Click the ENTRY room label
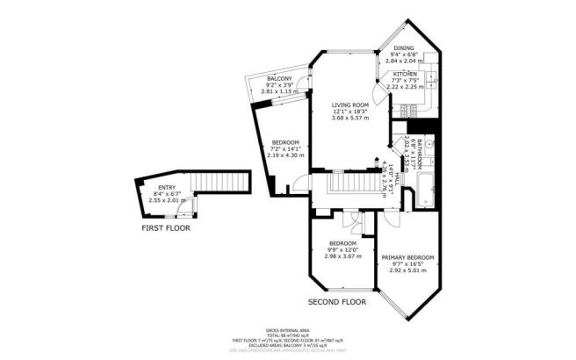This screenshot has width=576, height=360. click(167, 187)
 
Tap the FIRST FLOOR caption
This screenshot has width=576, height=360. click(166, 228)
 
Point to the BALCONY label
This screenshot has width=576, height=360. click(279, 79)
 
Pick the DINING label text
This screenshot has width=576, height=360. click(404, 48)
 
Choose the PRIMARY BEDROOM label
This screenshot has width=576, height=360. click(407, 257)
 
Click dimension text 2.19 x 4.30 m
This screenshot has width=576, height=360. click(284, 155)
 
